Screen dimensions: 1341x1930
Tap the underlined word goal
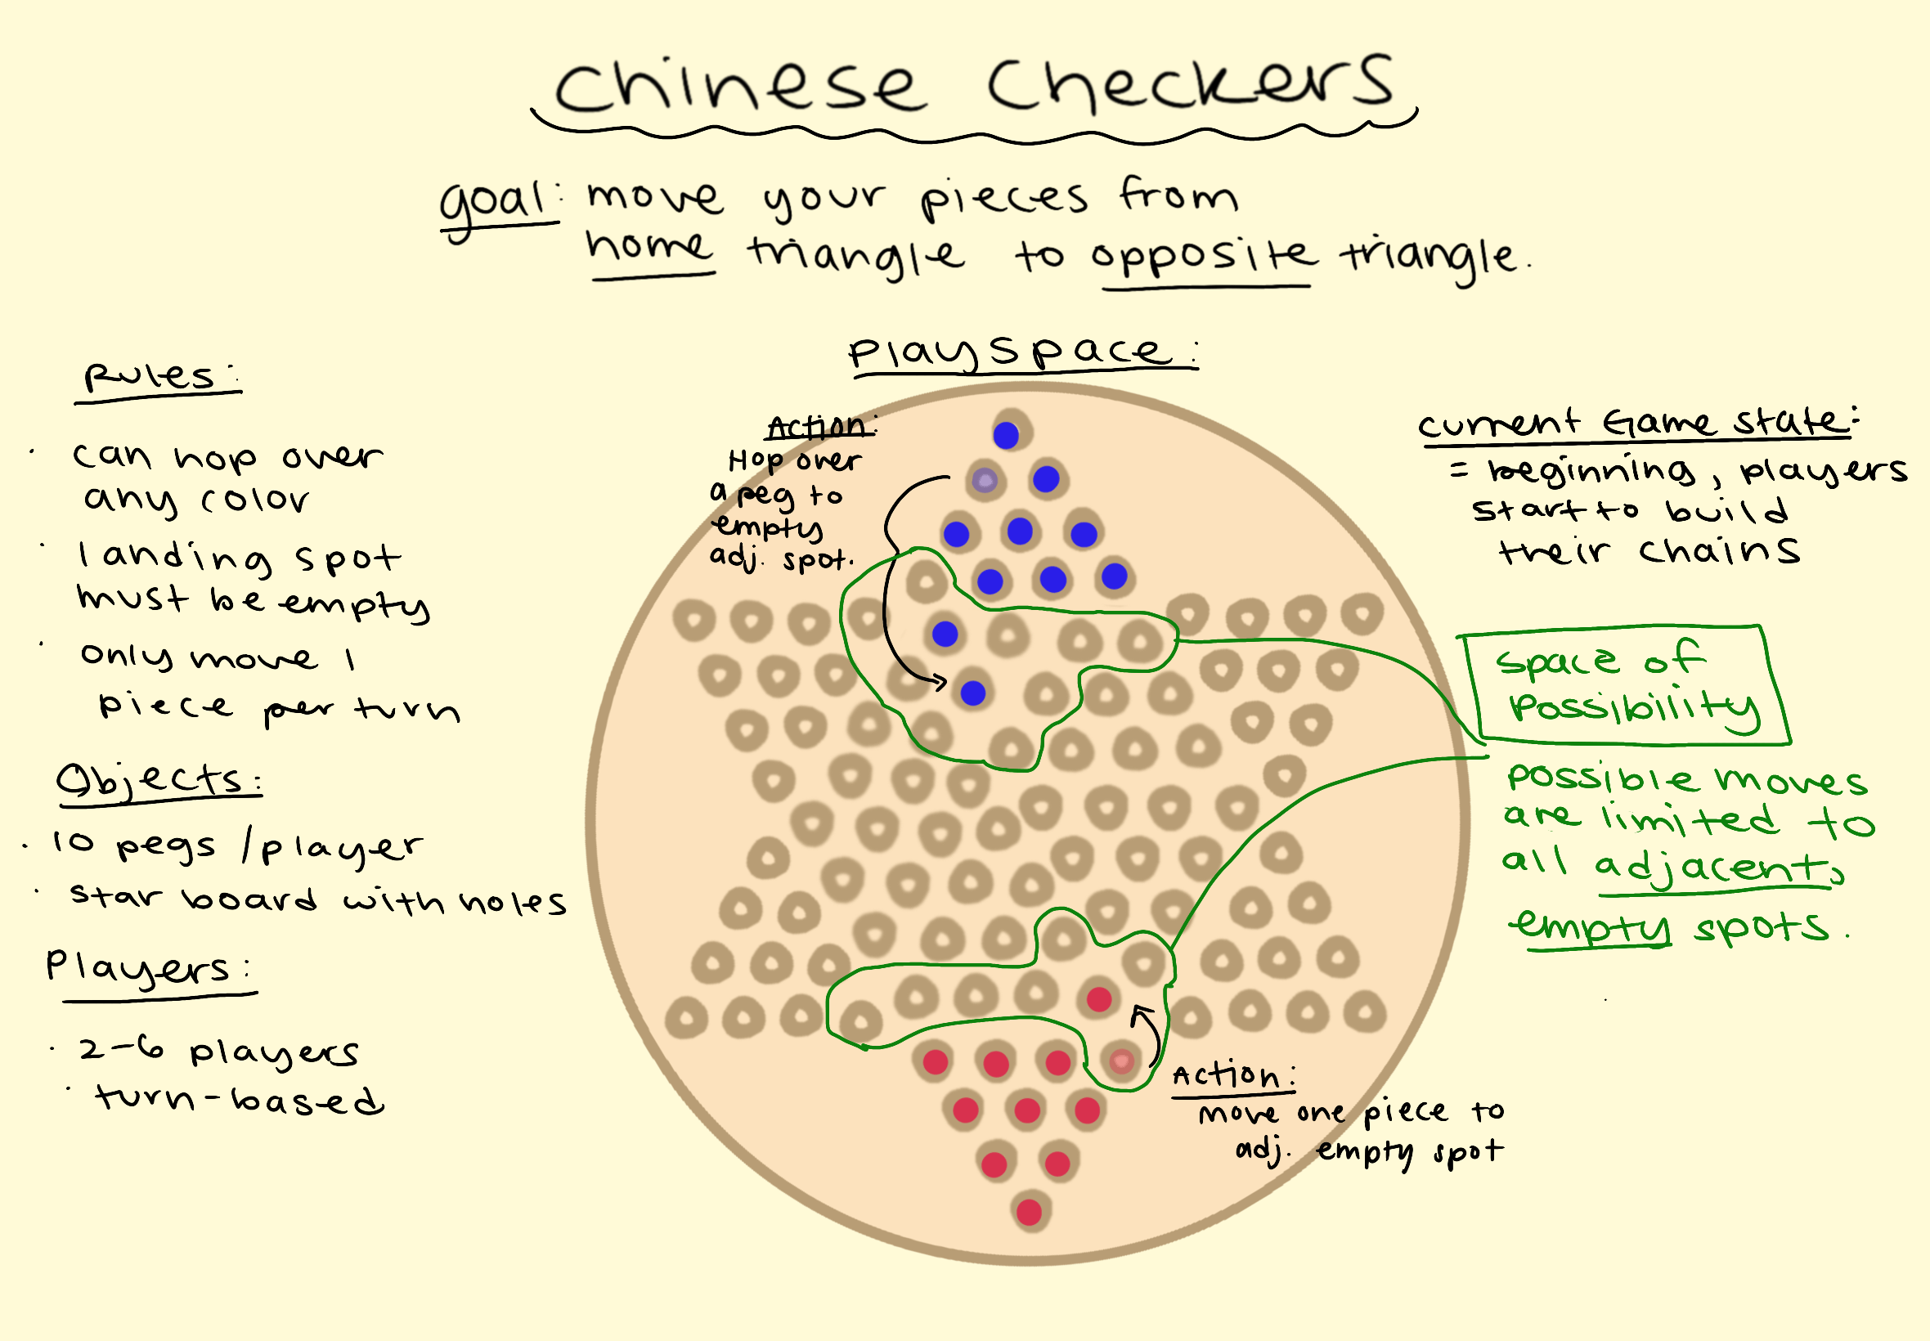496,206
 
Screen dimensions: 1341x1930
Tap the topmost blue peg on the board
1006,435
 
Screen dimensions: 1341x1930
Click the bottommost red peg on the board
1030,1212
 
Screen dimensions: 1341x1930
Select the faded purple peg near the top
985,481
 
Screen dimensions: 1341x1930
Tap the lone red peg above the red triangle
1099,999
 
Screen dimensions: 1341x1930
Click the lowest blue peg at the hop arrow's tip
973,693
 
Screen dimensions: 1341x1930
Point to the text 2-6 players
218,1050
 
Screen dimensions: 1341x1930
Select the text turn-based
240,1099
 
